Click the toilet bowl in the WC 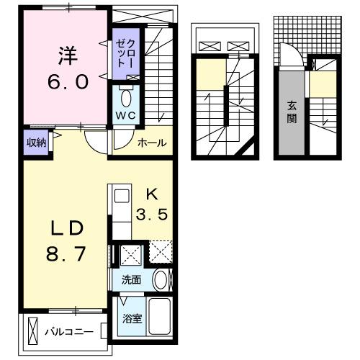coord(127,96)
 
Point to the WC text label coord(127,116)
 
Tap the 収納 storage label coord(37,142)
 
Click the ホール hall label coord(153,143)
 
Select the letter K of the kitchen coord(152,193)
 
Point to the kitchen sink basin coord(120,196)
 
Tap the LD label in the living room coord(66,228)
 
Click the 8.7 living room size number coord(66,254)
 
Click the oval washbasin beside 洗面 coord(161,280)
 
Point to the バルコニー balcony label coord(69,333)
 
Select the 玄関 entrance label coord(292,112)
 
